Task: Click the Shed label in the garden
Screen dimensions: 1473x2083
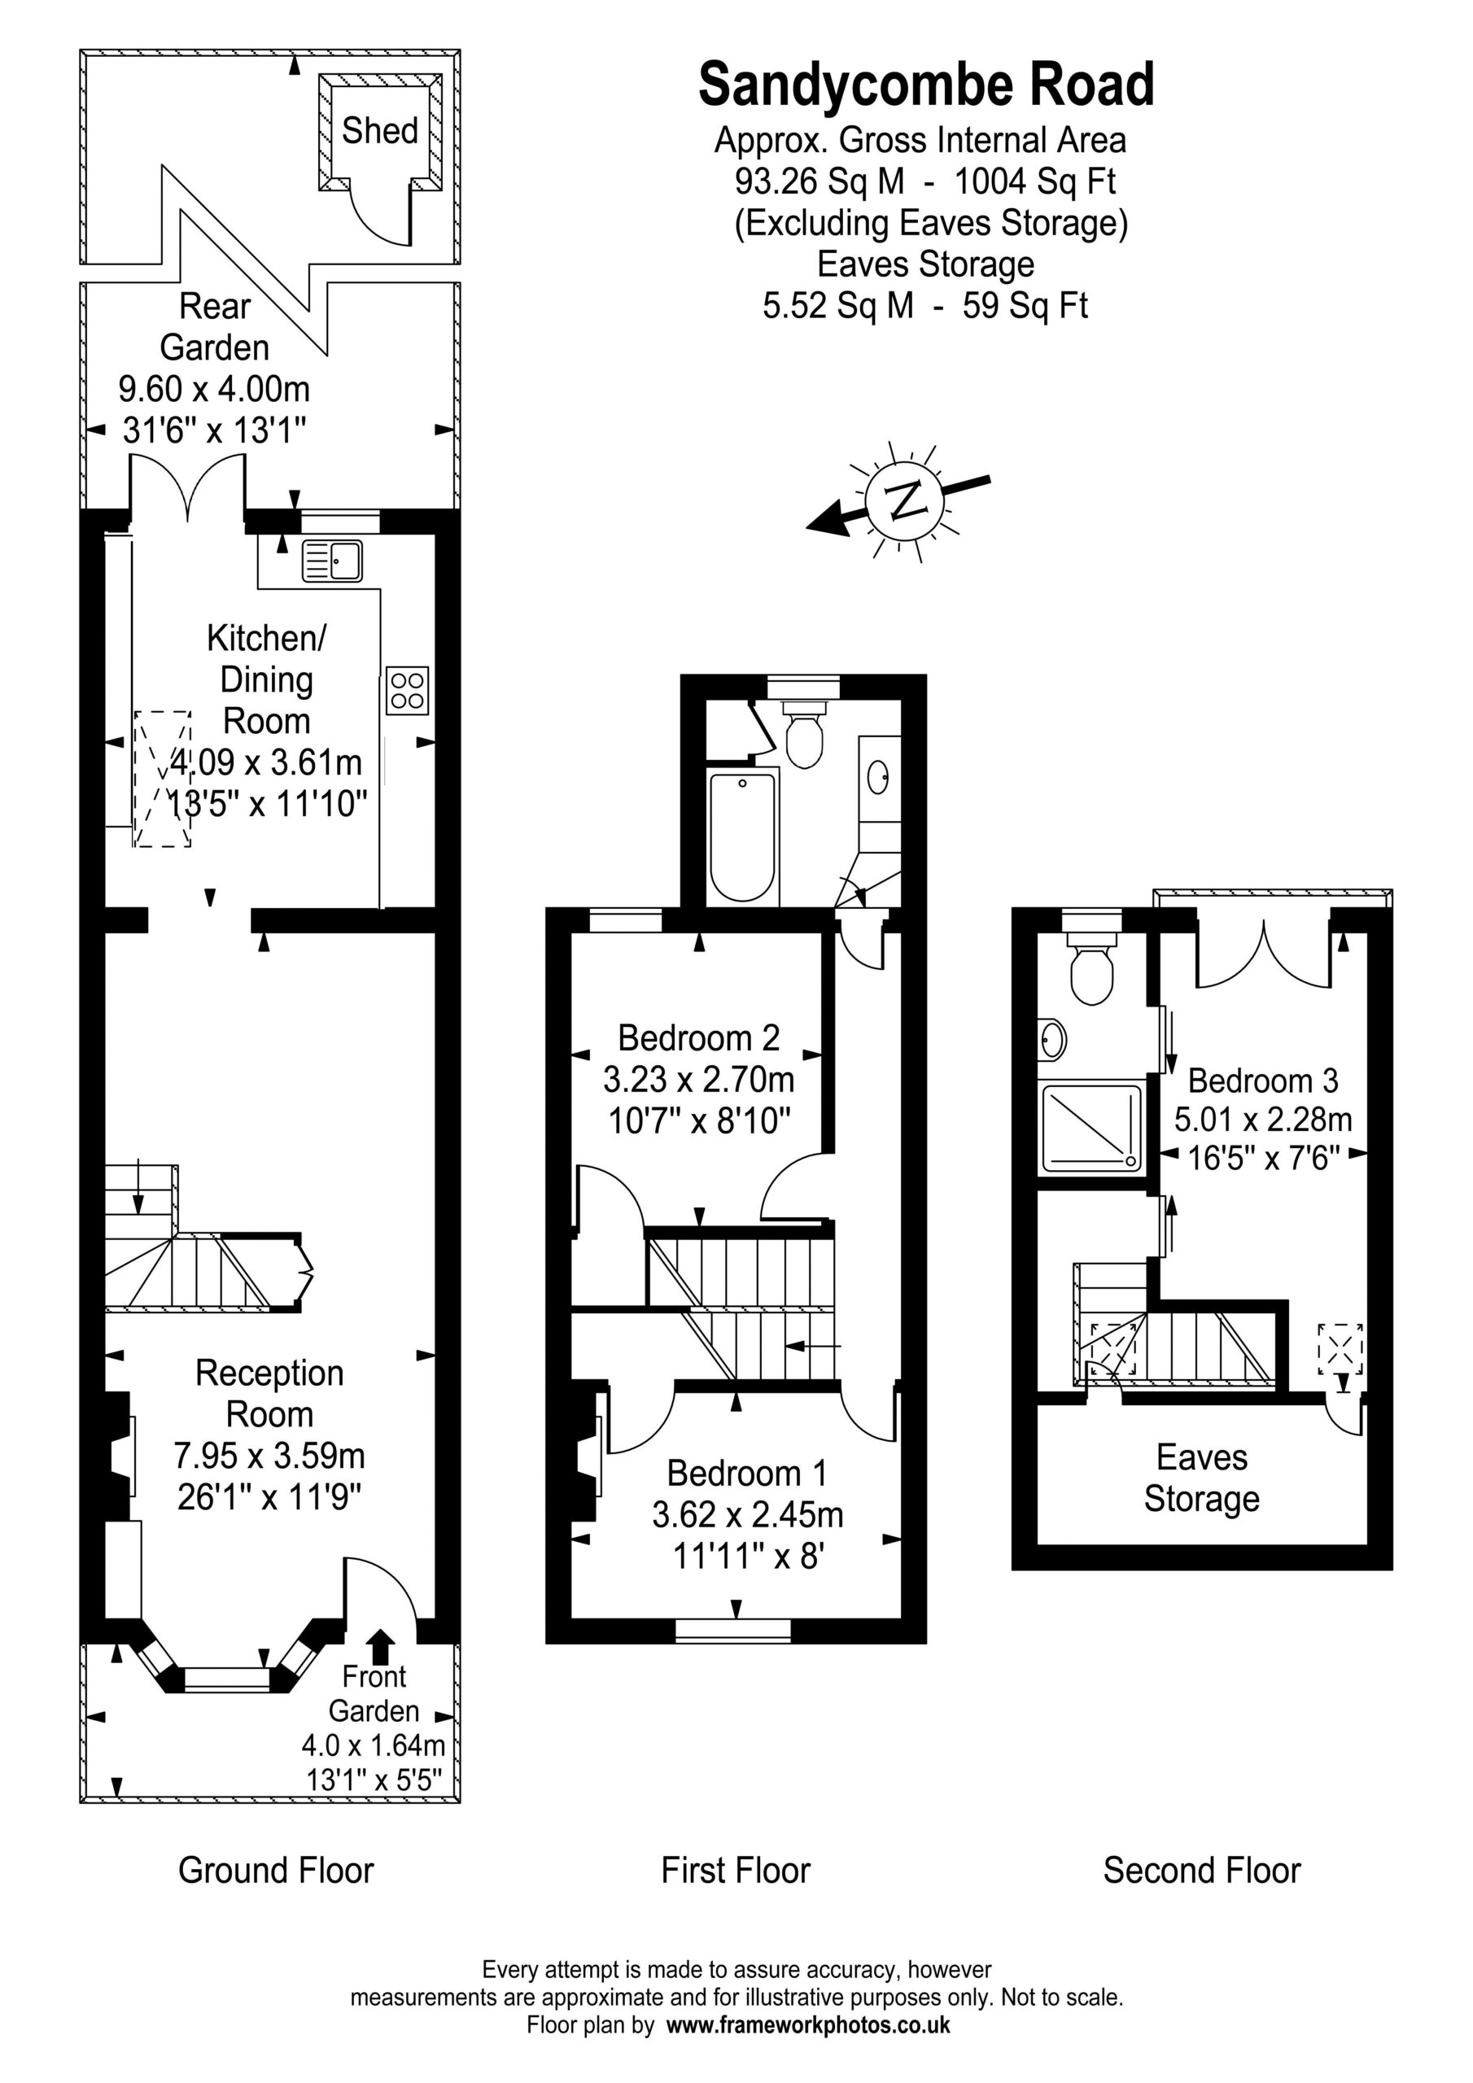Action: tap(379, 131)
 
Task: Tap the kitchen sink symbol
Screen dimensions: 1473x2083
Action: tap(331, 561)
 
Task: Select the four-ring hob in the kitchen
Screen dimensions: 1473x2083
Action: tap(407, 691)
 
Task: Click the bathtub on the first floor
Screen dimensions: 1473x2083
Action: tap(743, 836)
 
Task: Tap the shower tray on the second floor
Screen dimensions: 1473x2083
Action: tap(1092, 1128)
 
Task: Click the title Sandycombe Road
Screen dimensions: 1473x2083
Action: tap(927, 85)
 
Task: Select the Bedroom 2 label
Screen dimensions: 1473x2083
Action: tap(699, 1038)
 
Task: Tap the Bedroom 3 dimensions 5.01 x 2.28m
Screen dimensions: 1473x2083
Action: tap(1263, 1120)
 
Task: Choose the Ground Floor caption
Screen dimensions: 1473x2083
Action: tap(276, 1871)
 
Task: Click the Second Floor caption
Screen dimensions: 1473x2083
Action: tap(1202, 1871)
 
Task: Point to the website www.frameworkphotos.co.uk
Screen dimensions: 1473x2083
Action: tap(809, 2025)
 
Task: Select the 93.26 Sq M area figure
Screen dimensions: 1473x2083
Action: tap(820, 181)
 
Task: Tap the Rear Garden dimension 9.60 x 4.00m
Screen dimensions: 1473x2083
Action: tap(214, 389)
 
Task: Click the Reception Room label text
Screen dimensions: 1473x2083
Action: tap(269, 1394)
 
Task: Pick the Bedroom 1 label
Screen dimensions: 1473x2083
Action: tap(747, 1474)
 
